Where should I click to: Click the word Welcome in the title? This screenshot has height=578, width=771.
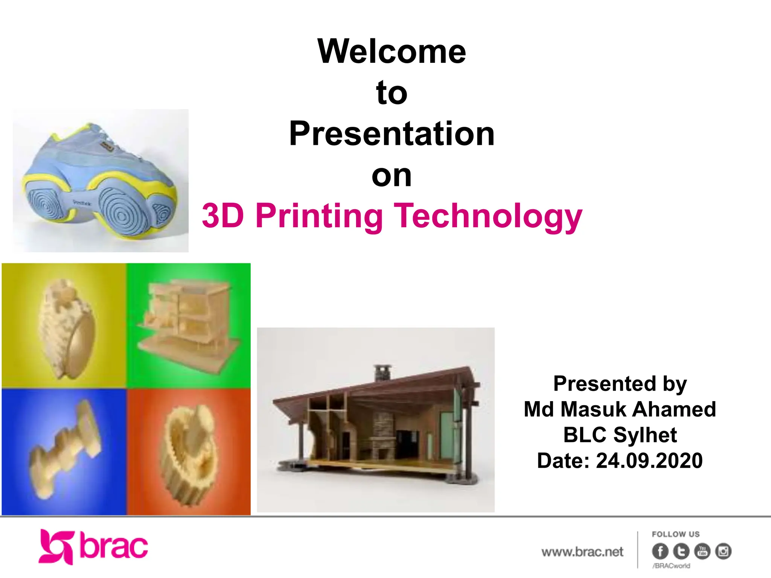392,52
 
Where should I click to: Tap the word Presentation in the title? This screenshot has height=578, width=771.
392,134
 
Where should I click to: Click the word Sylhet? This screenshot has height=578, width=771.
645,435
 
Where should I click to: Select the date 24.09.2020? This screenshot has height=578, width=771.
649,461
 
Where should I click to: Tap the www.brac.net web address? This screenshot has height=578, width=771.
582,552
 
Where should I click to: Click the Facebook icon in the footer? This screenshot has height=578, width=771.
660,551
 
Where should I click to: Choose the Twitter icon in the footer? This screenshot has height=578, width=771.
681,551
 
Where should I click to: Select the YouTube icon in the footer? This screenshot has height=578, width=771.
702,551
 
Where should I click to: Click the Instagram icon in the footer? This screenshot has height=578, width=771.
723,551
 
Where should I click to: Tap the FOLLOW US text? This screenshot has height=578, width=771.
675,534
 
